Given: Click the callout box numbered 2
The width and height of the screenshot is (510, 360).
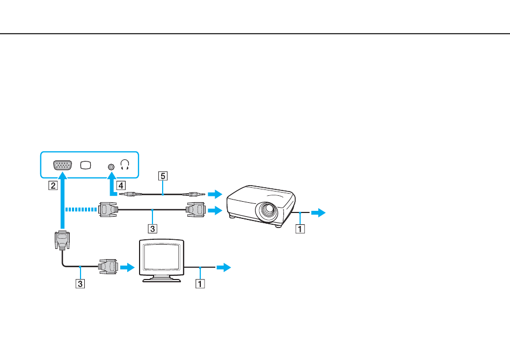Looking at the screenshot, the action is [53, 186].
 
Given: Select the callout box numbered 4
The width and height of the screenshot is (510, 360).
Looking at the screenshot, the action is [121, 186].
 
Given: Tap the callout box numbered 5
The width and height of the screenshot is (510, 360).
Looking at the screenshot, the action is [163, 176].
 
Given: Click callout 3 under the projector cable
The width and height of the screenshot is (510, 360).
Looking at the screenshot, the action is [152, 229].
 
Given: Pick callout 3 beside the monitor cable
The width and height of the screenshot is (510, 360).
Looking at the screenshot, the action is [80, 284].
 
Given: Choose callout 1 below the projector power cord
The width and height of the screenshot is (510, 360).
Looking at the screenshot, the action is [300, 229].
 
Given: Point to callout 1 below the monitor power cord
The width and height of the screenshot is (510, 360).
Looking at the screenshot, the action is [200, 284].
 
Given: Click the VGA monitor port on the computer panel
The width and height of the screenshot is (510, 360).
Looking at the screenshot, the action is [62, 165].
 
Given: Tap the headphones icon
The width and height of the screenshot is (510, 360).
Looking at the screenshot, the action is [125, 165].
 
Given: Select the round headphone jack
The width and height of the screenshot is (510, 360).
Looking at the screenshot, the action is [111, 167].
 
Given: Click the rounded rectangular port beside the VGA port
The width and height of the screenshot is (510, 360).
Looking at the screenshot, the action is [85, 165].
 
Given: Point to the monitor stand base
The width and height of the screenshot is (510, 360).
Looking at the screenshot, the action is [162, 279].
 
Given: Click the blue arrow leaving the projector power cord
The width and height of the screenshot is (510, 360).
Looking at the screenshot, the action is [318, 212].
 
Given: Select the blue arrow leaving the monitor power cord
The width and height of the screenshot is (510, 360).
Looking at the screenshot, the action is [224, 267].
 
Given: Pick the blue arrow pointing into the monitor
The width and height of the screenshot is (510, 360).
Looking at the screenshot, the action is [128, 267].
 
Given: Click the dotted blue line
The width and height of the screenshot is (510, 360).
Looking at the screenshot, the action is [81, 210].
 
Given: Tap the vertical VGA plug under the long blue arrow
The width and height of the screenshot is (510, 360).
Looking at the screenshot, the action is [62, 240].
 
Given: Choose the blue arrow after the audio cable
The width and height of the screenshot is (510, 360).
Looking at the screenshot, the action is [215, 194].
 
